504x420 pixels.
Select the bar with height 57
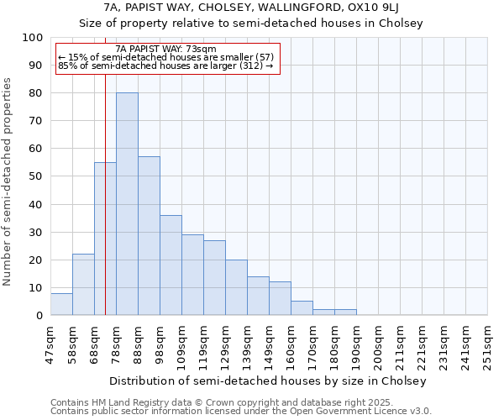coord(149,236)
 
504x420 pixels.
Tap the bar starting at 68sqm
coord(105,239)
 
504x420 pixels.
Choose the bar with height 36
coord(171,265)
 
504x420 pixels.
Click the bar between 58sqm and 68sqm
coord(83,285)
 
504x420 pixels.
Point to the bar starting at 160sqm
coord(302,308)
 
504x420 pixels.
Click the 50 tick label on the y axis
coord(37,176)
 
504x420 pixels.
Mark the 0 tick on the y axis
coord(40,315)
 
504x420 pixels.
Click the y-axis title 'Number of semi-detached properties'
coord(8,181)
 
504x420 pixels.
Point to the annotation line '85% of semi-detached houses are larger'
coord(165,66)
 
